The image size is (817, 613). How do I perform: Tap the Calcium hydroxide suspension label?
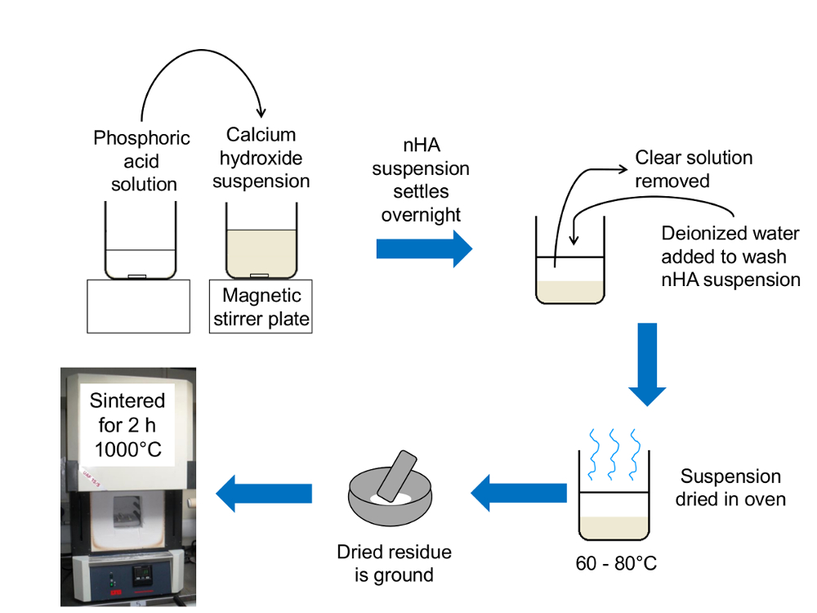tap(261, 158)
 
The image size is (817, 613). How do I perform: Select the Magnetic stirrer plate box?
tap(261, 306)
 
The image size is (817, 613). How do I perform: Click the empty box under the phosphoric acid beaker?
tap(139, 306)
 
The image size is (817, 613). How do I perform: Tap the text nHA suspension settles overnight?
tap(421, 181)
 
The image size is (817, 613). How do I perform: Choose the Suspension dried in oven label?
tap(730, 487)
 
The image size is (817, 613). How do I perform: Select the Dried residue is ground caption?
tap(394, 563)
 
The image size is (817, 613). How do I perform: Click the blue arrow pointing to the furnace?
tap(264, 493)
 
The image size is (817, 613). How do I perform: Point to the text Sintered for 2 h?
tap(127, 411)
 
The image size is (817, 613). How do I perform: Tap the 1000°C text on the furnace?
tap(127, 450)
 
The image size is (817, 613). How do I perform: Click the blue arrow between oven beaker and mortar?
tap(518, 492)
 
